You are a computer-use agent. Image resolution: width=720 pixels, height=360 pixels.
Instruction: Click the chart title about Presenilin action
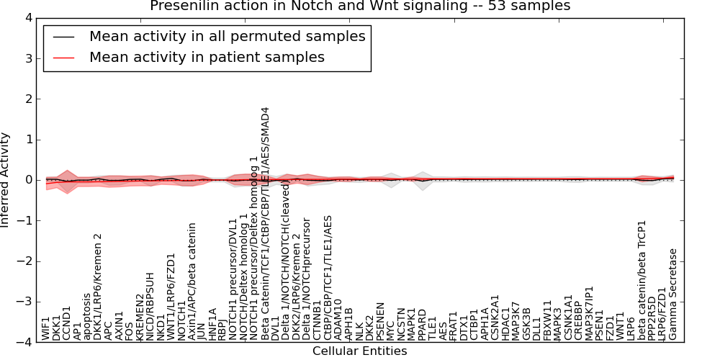click(x=360, y=6)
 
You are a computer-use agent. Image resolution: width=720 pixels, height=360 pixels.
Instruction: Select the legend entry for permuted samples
click(x=227, y=36)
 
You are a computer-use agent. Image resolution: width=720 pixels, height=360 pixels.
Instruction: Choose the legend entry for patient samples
click(x=207, y=57)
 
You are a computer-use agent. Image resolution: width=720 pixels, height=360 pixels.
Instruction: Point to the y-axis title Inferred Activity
click(x=6, y=180)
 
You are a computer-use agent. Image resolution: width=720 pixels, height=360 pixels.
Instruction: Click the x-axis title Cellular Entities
click(x=359, y=351)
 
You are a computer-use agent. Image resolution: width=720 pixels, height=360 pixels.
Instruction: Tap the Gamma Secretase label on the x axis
click(x=673, y=294)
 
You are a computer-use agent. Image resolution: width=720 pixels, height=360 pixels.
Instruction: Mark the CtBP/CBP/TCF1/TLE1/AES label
click(x=328, y=277)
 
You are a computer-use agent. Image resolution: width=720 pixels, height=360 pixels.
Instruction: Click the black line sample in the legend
click(x=64, y=37)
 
